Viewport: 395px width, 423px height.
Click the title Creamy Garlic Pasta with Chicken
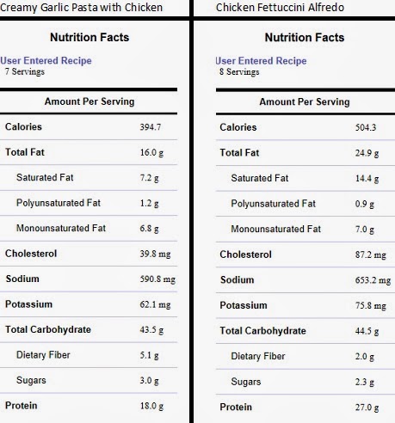click(x=81, y=7)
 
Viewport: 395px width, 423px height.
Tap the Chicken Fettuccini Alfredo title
click(x=280, y=7)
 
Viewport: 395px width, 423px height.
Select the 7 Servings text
click(x=25, y=71)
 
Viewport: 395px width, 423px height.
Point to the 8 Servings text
click(x=239, y=71)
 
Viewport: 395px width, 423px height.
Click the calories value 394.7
click(x=151, y=126)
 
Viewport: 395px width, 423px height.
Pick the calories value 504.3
click(x=366, y=127)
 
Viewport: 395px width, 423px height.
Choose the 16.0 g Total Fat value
click(x=151, y=152)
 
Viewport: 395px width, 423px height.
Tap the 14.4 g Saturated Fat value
click(x=367, y=179)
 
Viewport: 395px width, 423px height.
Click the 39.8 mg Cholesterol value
click(x=155, y=254)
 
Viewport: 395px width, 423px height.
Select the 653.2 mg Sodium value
click(x=373, y=280)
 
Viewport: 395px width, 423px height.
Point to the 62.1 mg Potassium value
click(x=155, y=304)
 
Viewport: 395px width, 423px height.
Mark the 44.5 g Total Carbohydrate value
click(x=367, y=331)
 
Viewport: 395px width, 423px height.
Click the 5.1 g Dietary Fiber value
click(x=149, y=355)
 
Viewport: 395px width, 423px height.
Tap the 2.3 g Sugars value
click(x=365, y=382)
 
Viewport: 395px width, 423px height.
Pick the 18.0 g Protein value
click(x=151, y=406)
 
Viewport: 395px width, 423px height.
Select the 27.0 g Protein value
click(x=367, y=408)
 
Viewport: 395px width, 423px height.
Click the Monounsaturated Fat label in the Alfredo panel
click(x=276, y=229)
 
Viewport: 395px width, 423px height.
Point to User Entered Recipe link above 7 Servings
click(x=46, y=60)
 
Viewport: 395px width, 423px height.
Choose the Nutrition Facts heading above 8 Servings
click(x=305, y=38)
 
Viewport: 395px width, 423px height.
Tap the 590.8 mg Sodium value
click(x=157, y=279)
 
